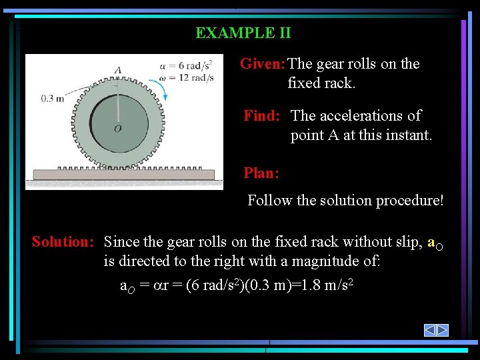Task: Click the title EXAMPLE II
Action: click(243, 33)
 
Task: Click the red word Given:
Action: click(263, 64)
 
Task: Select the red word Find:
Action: click(261, 116)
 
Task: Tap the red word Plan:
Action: click(261, 173)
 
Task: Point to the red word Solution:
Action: click(63, 242)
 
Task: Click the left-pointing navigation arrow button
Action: click(430, 330)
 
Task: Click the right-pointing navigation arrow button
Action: click(442, 330)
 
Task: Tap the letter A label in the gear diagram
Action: click(118, 70)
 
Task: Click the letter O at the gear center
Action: click(117, 128)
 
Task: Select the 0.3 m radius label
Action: click(53, 98)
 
